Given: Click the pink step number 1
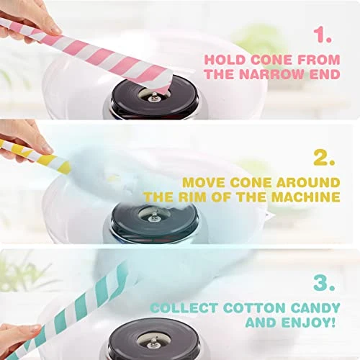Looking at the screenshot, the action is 323,35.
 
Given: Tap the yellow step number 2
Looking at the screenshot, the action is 324,158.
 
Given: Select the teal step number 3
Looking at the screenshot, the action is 324,282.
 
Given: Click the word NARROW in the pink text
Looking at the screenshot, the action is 272,74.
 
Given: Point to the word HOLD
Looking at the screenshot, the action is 224,60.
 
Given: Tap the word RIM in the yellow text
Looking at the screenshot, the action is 192,197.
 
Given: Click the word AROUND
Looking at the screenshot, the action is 308,183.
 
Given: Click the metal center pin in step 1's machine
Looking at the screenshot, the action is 153,96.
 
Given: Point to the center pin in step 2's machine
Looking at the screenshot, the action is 153,217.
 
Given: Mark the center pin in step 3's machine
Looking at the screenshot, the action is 153,343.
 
